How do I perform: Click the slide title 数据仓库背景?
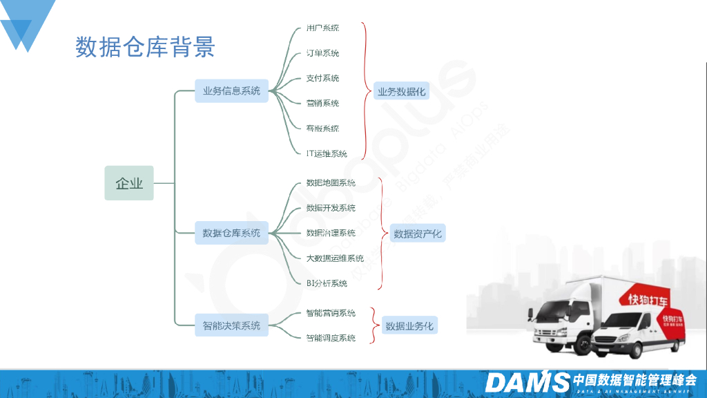pos(145,46)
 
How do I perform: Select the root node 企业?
pos(129,183)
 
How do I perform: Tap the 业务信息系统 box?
pos(231,91)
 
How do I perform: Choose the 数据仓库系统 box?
pos(231,233)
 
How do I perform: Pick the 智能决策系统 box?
pos(231,325)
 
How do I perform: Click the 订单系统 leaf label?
pos(322,53)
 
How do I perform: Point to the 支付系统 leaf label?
pos(322,78)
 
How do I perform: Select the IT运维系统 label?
pos(327,153)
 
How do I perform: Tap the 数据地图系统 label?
pos(331,182)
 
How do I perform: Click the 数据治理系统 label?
pos(331,233)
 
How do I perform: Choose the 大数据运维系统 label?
pos(335,258)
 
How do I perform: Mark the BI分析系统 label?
pos(327,283)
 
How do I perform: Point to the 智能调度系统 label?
pos(331,338)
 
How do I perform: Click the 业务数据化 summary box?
pos(401,91)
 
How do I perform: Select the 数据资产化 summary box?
pos(418,234)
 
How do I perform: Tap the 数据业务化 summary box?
pos(409,325)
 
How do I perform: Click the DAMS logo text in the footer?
pos(527,382)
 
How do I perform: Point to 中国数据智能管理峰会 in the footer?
pos(635,379)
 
